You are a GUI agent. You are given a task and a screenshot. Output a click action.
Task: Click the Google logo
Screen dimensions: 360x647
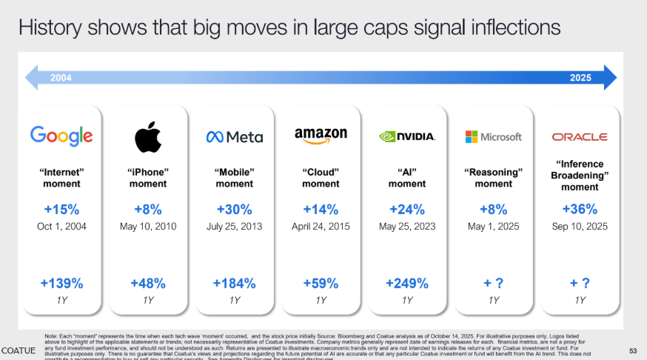61,136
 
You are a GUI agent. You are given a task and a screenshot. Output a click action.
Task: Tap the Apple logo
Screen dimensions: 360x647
147,136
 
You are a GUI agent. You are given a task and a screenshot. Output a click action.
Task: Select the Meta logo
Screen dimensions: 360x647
234,137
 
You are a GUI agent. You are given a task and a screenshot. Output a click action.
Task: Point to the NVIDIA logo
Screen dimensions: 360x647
406,136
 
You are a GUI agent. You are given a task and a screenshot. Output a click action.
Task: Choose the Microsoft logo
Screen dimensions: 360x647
493,137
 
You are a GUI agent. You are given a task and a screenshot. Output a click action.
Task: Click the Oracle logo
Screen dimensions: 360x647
580,137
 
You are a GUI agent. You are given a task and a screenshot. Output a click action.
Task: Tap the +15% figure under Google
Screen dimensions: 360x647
61,209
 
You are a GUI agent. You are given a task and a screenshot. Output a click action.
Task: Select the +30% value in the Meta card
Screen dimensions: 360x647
234,209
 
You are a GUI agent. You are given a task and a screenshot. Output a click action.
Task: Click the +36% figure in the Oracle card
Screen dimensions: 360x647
580,209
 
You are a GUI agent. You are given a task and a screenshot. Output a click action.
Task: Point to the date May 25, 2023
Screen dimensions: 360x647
406,226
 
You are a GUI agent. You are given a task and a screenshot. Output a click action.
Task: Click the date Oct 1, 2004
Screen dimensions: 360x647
61,226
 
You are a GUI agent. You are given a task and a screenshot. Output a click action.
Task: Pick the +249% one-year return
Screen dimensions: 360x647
406,283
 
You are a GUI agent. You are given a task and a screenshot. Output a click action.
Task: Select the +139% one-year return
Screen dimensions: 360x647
61,283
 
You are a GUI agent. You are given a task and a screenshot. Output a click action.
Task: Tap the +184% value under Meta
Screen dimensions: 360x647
234,283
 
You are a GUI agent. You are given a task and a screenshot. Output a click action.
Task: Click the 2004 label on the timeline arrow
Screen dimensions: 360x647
61,77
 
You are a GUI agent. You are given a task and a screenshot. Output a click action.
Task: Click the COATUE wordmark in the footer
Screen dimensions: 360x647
19,350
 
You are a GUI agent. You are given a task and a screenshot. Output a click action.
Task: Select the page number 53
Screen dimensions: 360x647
633,350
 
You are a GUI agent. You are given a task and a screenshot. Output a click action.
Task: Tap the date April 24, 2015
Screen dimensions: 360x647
321,226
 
